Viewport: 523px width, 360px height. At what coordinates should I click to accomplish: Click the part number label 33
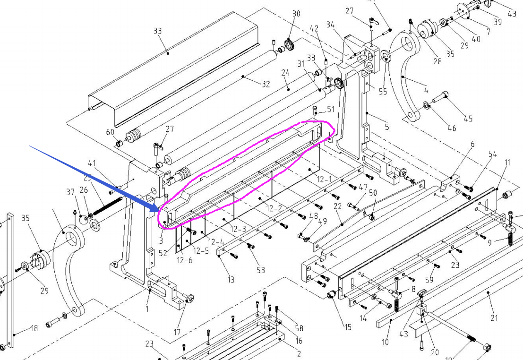point(157,31)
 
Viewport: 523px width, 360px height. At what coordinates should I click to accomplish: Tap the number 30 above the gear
point(296,14)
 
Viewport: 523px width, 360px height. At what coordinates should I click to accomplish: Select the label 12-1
point(324,180)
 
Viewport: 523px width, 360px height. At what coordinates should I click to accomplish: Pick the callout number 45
point(467,119)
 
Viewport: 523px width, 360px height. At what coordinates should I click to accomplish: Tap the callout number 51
point(330,110)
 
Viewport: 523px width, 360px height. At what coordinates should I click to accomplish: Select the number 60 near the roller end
point(110,132)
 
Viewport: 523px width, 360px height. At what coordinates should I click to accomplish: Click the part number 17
point(177,332)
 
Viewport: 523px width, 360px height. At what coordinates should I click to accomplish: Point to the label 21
point(494,318)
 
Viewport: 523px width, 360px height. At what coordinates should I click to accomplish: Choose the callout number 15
point(348,326)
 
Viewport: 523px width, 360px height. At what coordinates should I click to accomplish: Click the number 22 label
point(337,206)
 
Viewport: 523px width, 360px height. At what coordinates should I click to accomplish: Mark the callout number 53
point(260,270)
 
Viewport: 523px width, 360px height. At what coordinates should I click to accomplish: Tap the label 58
point(299,328)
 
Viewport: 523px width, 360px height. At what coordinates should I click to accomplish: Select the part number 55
point(383,92)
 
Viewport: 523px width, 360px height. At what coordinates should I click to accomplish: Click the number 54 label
point(492,154)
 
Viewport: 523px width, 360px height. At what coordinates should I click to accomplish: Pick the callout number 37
point(70,192)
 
